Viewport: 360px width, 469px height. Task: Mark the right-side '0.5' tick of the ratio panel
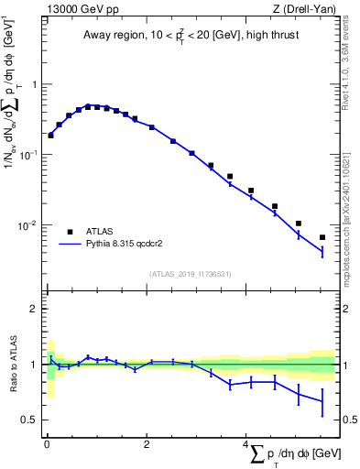coord(349,420)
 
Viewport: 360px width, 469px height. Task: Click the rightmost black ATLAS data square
coord(322,237)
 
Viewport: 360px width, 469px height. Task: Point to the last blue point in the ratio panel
coord(322,400)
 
